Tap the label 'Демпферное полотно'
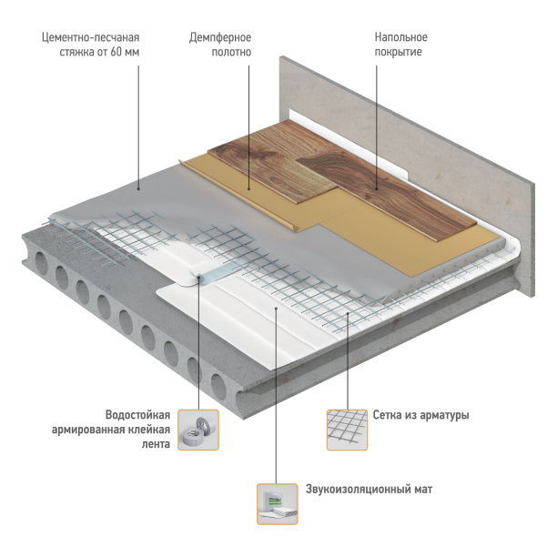point(219,45)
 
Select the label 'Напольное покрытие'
point(400,45)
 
